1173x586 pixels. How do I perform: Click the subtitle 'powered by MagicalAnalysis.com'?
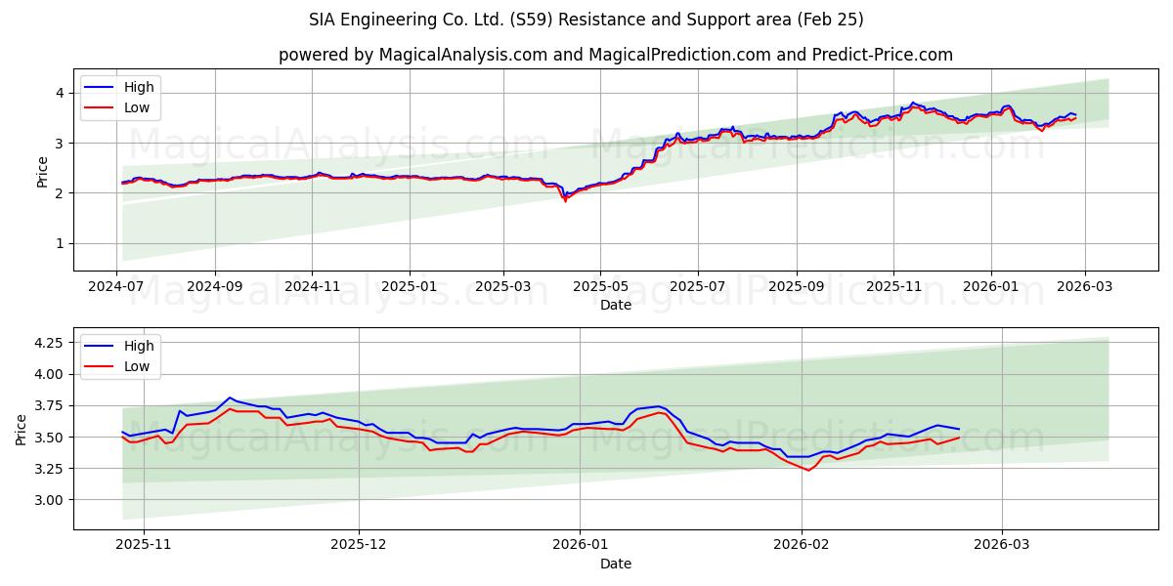click(615, 55)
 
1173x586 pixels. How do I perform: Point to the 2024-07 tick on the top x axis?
click(117, 286)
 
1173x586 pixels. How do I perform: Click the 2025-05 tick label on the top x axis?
click(599, 286)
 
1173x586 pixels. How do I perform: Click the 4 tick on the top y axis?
click(60, 93)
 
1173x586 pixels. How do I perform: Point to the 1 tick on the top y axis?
click(60, 243)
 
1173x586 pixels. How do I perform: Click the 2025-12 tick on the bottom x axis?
click(359, 545)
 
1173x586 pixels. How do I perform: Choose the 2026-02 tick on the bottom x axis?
click(802, 545)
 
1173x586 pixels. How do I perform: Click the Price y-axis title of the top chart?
click(42, 171)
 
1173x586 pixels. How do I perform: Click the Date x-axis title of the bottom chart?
click(615, 564)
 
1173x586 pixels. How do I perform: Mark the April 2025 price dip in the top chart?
click(565, 198)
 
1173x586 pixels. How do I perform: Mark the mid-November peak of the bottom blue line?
click(230, 398)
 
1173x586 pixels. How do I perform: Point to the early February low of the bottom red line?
click(807, 470)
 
